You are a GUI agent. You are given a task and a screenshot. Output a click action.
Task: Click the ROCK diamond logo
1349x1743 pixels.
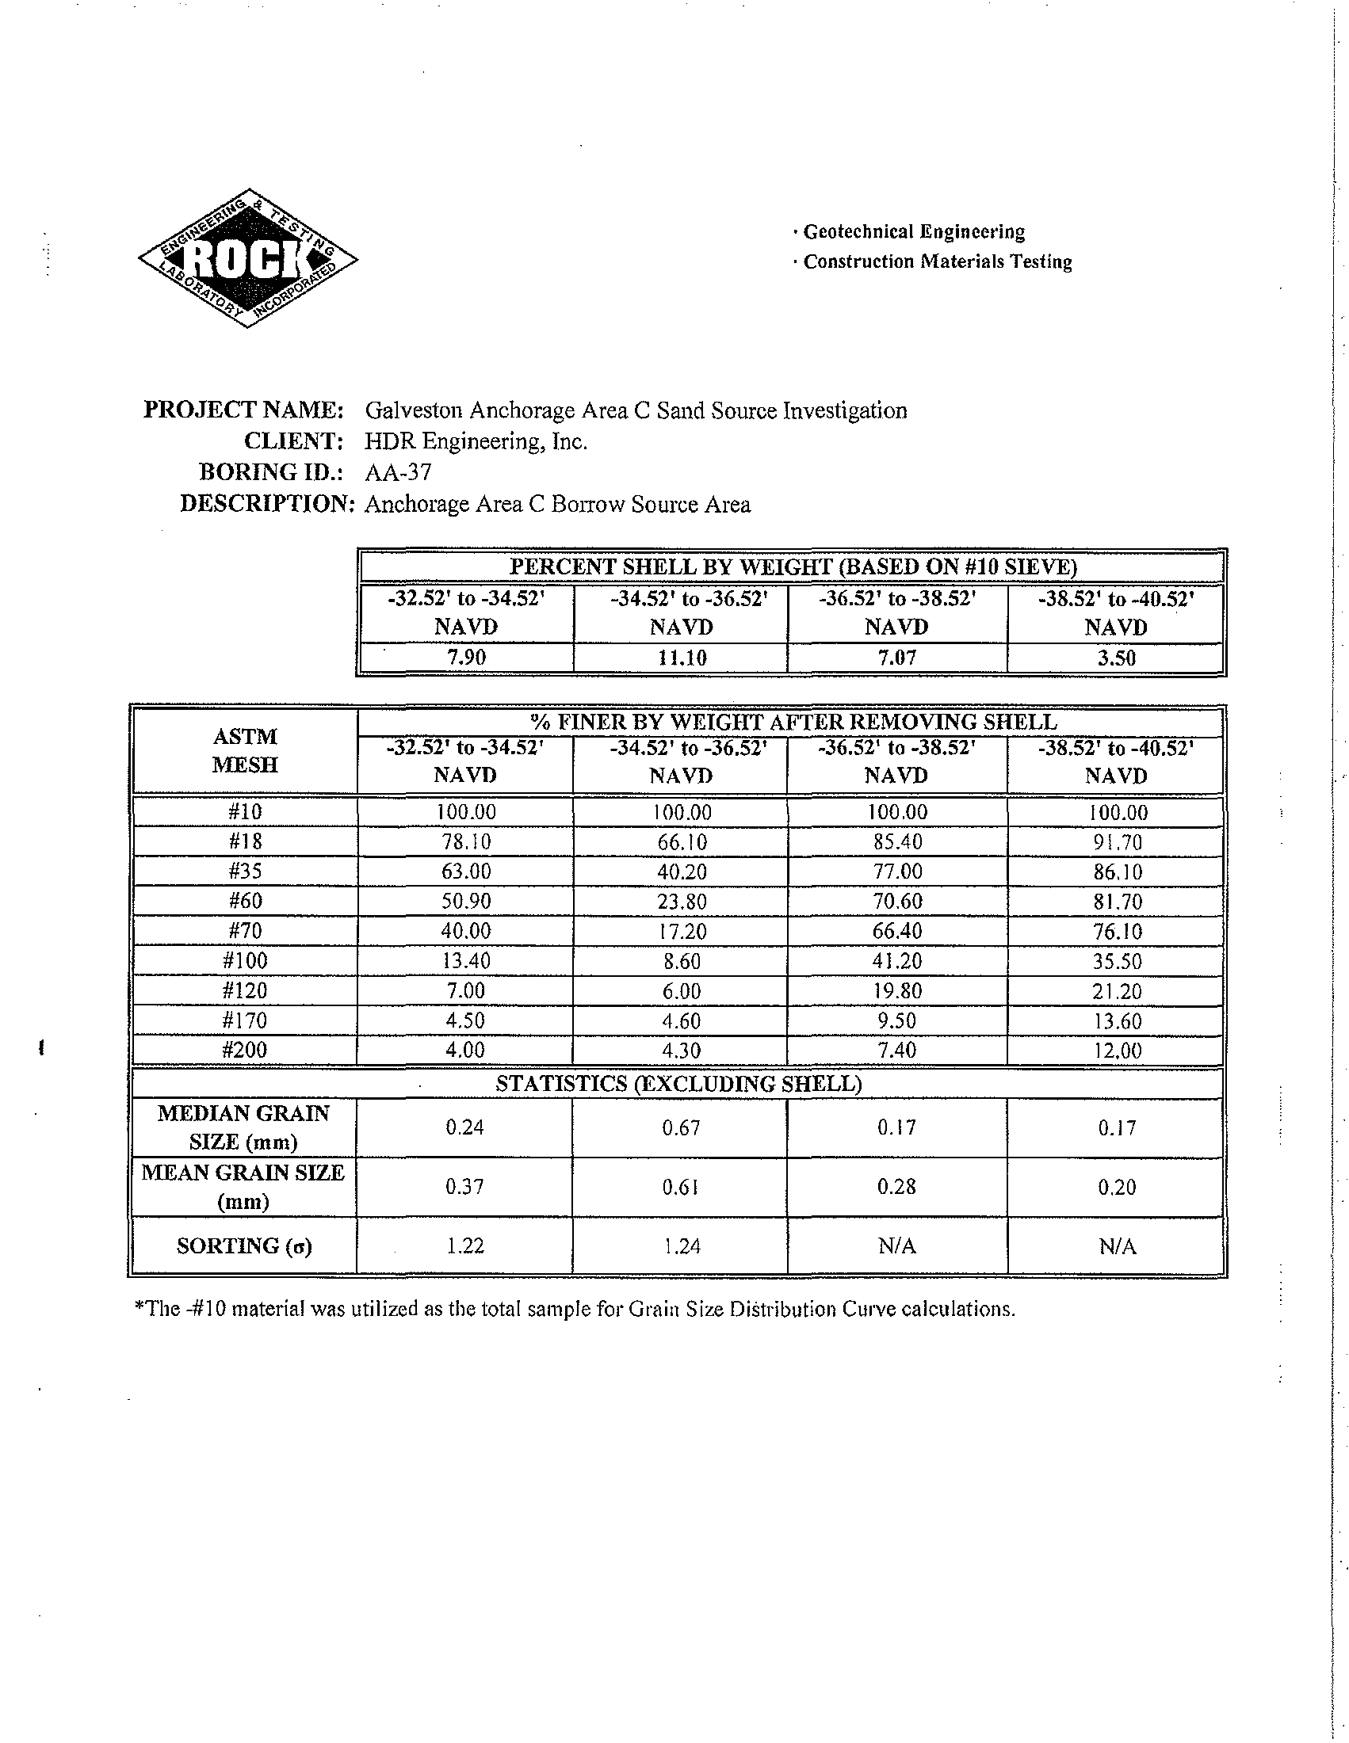click(247, 258)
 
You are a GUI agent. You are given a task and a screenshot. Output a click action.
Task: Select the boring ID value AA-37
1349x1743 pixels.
click(398, 472)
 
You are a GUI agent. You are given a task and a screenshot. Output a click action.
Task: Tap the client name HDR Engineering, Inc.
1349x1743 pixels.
click(476, 441)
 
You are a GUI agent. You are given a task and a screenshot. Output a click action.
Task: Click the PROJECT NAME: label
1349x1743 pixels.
click(243, 410)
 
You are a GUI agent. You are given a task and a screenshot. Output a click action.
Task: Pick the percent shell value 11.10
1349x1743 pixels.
click(681, 658)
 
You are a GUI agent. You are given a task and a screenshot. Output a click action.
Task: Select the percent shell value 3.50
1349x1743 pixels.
click(1115, 658)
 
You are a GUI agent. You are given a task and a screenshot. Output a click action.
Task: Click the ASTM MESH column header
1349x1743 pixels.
click(244, 750)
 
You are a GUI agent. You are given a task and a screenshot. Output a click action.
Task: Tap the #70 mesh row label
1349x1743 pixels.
click(244, 931)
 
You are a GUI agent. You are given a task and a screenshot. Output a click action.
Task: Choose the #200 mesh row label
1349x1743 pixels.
click(244, 1050)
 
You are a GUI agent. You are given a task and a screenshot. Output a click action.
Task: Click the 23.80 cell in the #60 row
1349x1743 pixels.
click(681, 901)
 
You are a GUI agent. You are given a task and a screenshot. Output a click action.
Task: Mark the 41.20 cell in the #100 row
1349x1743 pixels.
click(896, 961)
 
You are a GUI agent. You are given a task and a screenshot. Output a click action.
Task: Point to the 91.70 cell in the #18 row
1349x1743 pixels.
click(1117, 842)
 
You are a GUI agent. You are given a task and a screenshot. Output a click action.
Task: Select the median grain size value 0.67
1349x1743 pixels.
click(681, 1127)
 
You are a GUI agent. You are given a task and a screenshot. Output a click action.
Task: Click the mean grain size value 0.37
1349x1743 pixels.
click(464, 1187)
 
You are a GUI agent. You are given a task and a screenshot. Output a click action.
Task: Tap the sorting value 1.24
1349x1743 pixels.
click(681, 1245)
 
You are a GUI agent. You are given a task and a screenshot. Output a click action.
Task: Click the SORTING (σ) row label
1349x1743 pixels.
click(243, 1245)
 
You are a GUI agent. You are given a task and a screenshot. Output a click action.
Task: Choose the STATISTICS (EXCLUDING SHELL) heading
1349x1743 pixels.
click(678, 1083)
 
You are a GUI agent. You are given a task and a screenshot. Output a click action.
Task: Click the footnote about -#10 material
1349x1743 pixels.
click(575, 1309)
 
